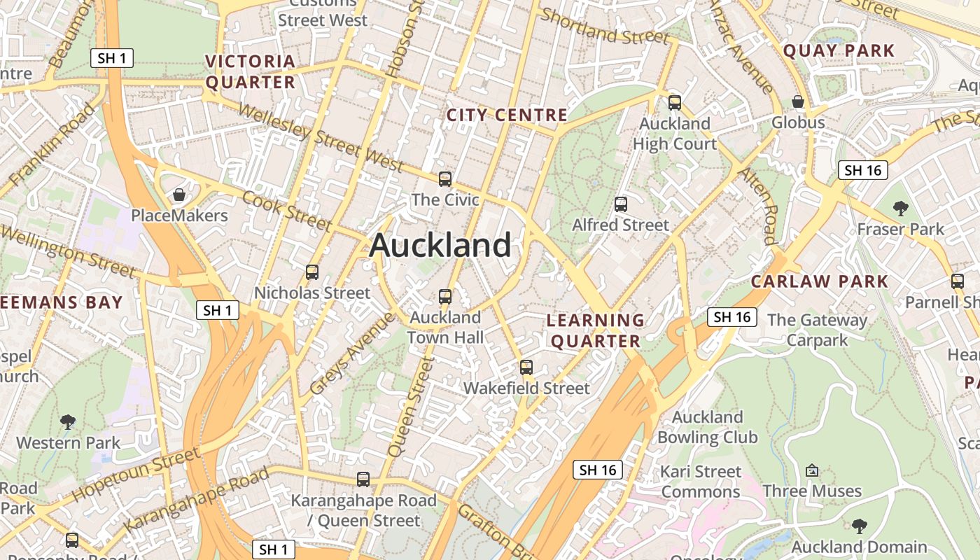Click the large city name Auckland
(x=440, y=246)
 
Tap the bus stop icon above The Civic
(x=445, y=179)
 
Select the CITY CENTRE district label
(x=507, y=115)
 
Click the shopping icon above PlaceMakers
(x=179, y=195)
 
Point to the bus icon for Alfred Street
(x=621, y=204)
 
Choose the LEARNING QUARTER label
(x=595, y=331)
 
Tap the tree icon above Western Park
(x=68, y=421)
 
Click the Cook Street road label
(x=286, y=209)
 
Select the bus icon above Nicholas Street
(x=312, y=272)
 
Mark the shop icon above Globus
(x=798, y=102)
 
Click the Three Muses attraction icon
(x=812, y=470)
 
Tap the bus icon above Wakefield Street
(x=526, y=367)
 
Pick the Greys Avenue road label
(x=351, y=353)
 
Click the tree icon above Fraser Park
(x=901, y=208)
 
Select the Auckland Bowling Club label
(x=707, y=427)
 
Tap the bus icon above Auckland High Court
(x=675, y=103)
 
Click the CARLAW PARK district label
(x=819, y=282)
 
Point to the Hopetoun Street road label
(x=136, y=475)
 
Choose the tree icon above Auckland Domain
(x=859, y=526)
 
